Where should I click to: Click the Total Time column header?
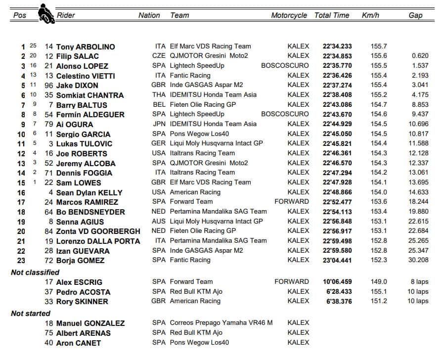(332, 15)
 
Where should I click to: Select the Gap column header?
(415, 15)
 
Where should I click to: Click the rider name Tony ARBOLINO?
(86, 46)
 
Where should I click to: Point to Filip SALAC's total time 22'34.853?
(337, 56)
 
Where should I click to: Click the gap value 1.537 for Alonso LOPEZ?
(420, 66)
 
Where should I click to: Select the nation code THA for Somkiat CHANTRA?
(159, 95)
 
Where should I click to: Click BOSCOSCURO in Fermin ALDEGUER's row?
(285, 114)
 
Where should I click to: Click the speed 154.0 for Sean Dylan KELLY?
(379, 192)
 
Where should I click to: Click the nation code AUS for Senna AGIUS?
(159, 221)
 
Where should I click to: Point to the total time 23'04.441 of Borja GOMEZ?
(337, 260)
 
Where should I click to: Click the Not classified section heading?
(35, 272)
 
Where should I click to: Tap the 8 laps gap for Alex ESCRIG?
(419, 282)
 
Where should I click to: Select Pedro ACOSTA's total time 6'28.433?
(339, 292)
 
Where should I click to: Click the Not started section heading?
(31, 314)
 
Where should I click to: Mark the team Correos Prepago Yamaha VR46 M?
(221, 323)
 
